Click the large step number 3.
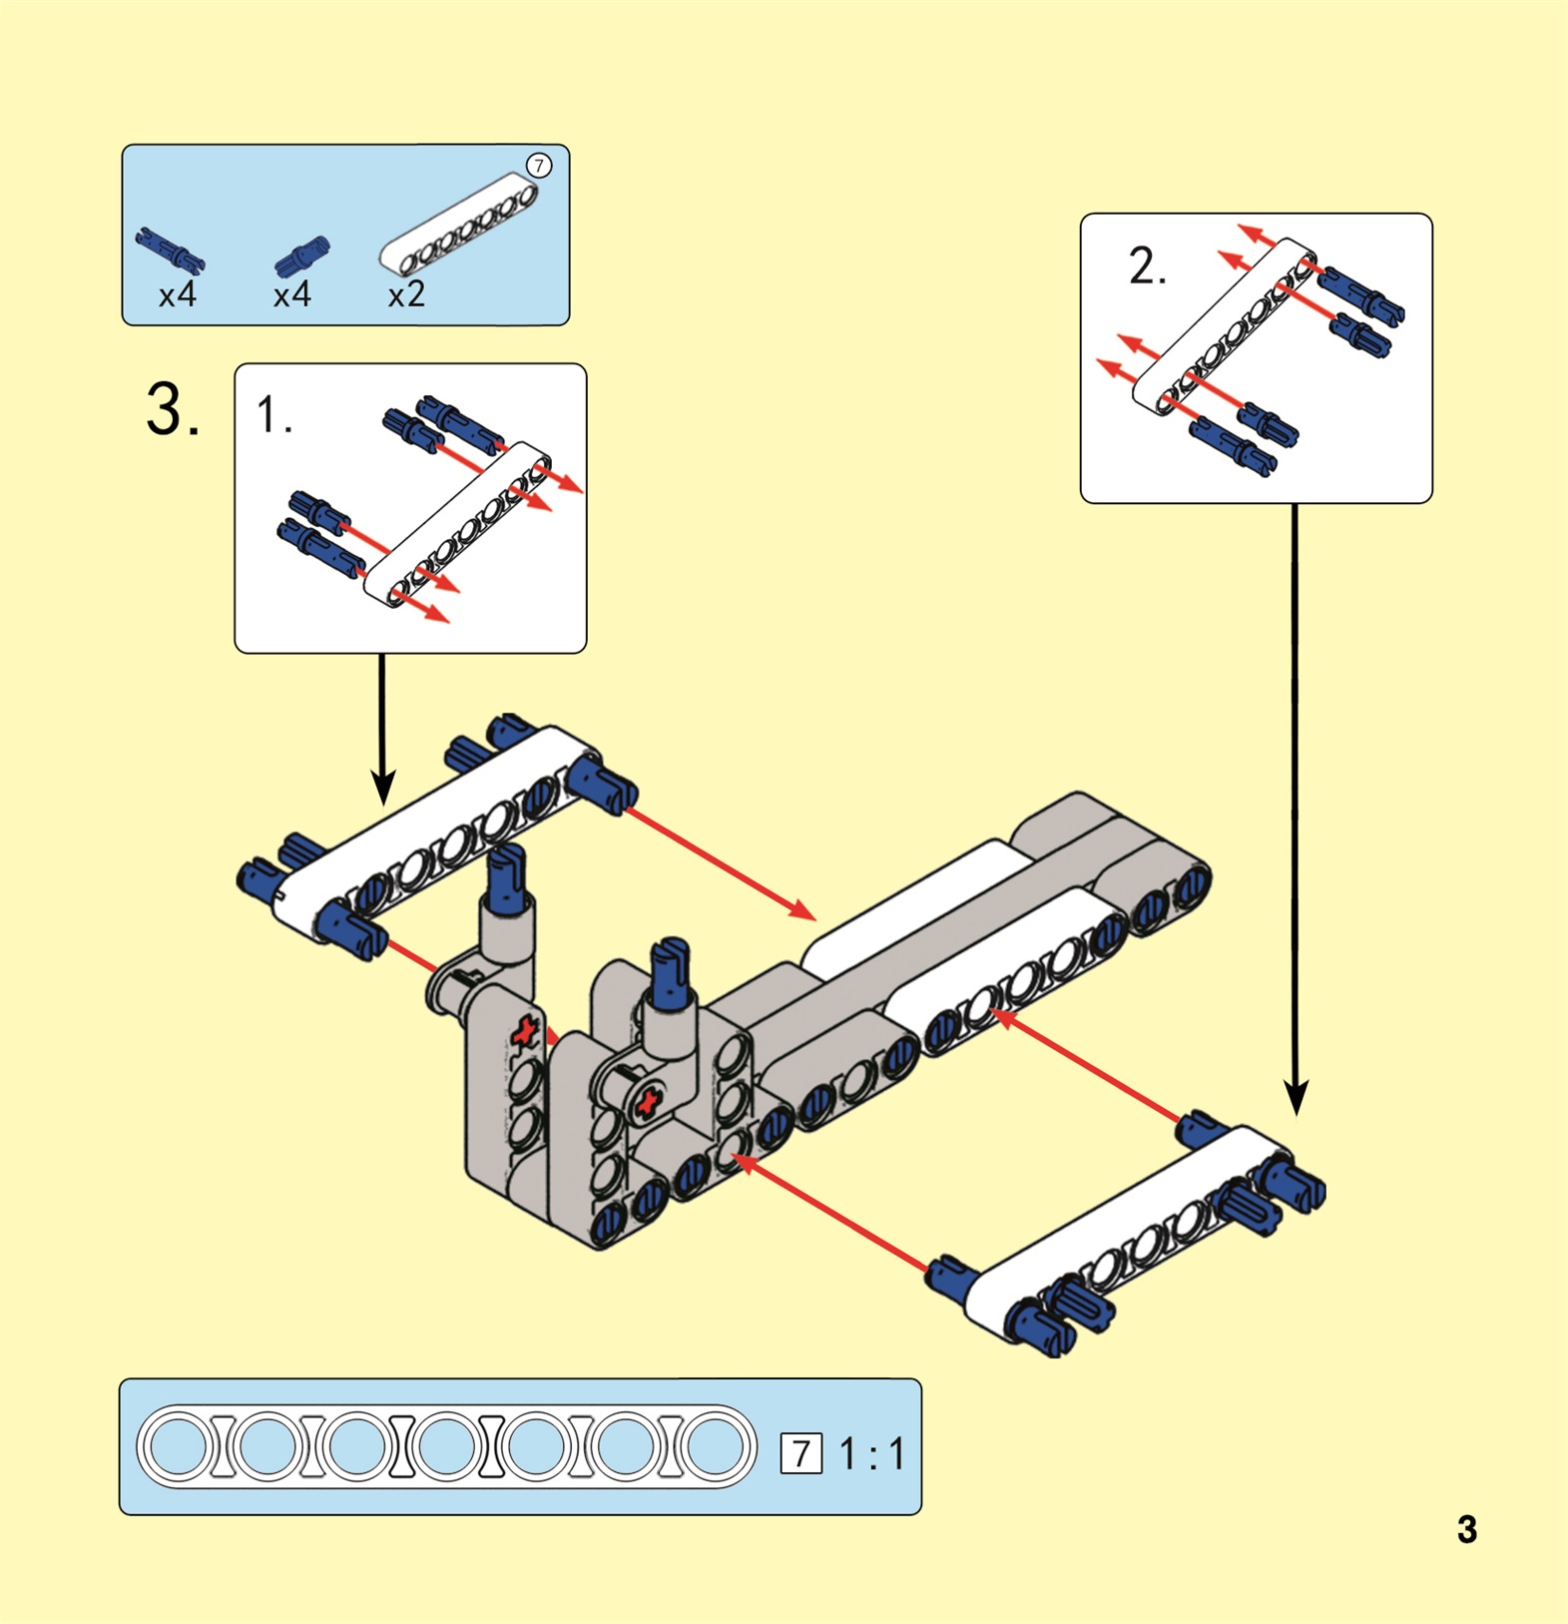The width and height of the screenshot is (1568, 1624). tap(172, 409)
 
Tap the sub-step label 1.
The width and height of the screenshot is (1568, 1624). tap(273, 414)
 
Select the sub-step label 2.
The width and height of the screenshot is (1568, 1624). tap(1147, 267)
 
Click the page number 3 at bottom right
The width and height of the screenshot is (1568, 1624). tap(1466, 1529)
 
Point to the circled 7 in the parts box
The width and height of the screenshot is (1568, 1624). tap(539, 166)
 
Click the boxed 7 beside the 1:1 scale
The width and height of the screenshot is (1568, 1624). tap(800, 1453)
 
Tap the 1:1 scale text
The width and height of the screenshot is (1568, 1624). tap(872, 1453)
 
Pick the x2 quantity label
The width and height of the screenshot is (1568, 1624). tap(406, 294)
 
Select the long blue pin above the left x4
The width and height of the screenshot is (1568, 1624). tap(170, 250)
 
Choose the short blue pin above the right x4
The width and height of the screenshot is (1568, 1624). tap(301, 256)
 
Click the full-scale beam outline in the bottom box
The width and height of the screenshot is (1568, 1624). tap(446, 1446)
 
